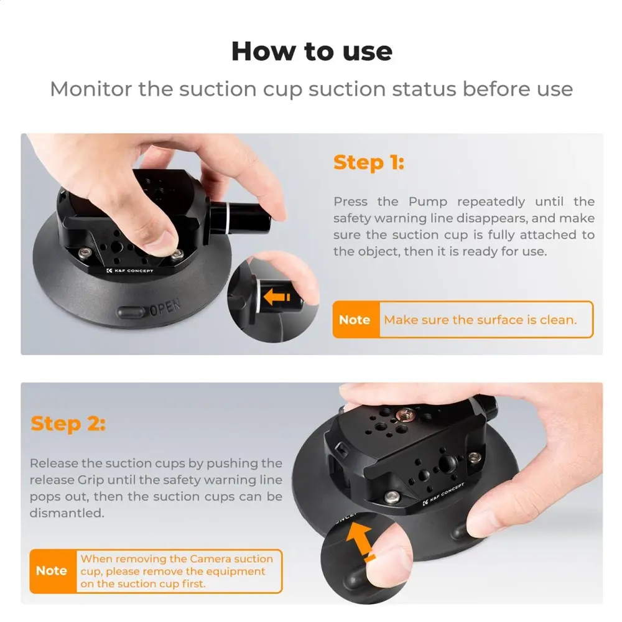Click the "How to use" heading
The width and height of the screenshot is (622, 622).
[x=312, y=52]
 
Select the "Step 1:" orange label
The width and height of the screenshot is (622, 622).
[x=368, y=162]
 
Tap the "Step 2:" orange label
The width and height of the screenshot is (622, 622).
[x=68, y=423]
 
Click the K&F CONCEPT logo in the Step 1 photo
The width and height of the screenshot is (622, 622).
[x=130, y=271]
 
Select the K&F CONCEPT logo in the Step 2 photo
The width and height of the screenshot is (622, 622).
[x=443, y=493]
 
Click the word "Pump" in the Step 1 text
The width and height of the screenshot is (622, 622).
[x=428, y=202]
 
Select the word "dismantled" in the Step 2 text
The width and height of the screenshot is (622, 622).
[x=67, y=513]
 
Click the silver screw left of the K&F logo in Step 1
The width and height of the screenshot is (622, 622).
[x=84, y=253]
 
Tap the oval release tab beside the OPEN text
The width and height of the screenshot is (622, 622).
[x=131, y=312]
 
